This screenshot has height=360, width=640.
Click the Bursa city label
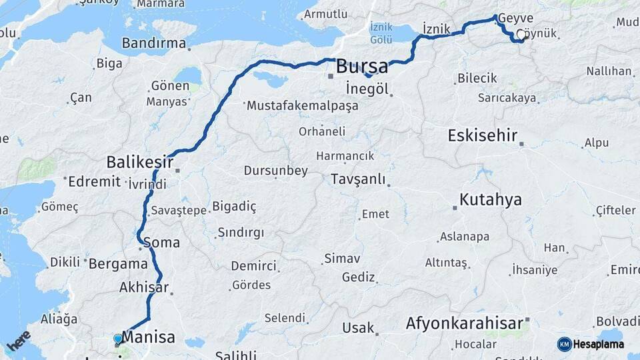[x=362, y=67]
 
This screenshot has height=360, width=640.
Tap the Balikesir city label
[x=140, y=162]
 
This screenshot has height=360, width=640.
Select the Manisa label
[x=148, y=337]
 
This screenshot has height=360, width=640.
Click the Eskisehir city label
[x=483, y=136]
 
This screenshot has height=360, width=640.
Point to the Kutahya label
[x=491, y=200]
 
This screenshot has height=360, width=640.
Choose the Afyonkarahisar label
[x=465, y=324]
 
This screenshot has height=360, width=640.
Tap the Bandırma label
[x=153, y=43]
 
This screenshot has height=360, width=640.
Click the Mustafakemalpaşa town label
[x=302, y=105]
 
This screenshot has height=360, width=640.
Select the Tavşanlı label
[x=358, y=180]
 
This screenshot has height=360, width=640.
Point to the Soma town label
[x=161, y=243]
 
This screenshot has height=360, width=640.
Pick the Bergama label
[x=118, y=263]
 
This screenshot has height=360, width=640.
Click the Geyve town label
[x=515, y=18]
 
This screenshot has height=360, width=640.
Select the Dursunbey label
[x=275, y=171]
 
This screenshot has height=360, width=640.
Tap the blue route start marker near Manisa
[x=118, y=339]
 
